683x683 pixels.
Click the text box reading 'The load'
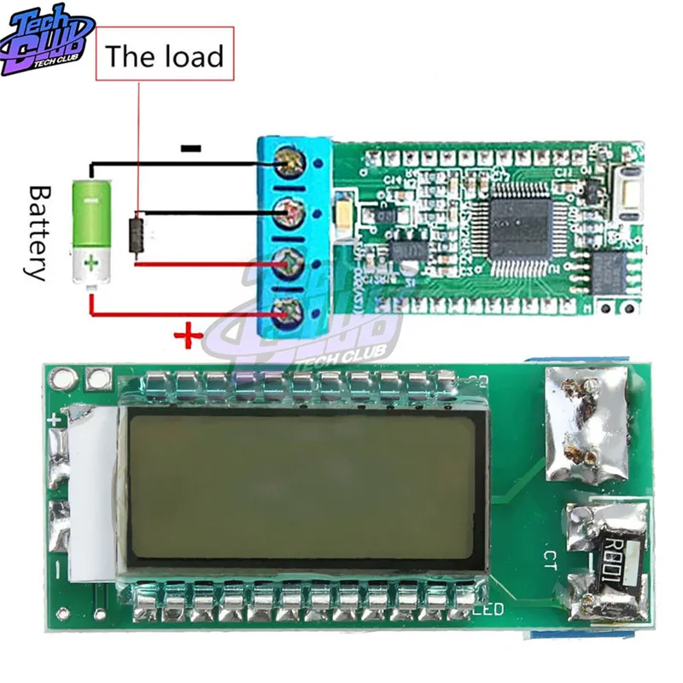click(x=163, y=56)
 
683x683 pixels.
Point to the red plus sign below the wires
click(x=186, y=337)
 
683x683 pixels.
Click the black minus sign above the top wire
click(x=190, y=149)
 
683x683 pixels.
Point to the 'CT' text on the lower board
click(x=552, y=559)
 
